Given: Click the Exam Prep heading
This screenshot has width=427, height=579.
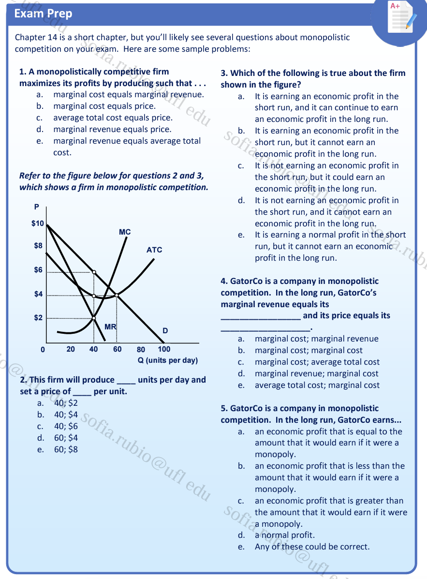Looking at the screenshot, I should [43, 14].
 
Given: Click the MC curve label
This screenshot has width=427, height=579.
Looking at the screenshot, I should [125, 232].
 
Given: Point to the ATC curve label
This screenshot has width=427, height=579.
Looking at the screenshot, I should [154, 250].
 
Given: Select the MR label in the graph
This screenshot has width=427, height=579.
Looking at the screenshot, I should [111, 327].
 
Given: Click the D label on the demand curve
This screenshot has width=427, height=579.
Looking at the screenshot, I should [165, 331].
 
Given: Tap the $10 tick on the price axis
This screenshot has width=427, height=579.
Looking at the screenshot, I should [38, 223].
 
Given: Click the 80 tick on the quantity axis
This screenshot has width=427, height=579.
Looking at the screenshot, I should [141, 349].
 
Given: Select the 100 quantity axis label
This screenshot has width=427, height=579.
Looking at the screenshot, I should [164, 349].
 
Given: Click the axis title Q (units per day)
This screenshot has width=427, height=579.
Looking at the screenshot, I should [168, 360].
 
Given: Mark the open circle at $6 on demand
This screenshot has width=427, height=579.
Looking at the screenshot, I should [94, 272].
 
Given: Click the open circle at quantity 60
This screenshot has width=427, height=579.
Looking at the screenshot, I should [117, 295].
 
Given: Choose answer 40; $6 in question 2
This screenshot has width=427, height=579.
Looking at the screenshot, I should [66, 426].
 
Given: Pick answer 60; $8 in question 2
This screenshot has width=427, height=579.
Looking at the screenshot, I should [66, 449].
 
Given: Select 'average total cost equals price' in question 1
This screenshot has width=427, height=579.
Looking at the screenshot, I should [113, 118].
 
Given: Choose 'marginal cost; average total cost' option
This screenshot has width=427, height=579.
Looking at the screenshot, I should [317, 362].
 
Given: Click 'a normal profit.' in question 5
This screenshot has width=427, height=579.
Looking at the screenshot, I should [285, 535].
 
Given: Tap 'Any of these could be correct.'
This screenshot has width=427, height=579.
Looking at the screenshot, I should [312, 547].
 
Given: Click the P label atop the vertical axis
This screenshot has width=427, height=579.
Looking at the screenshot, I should [36, 207].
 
